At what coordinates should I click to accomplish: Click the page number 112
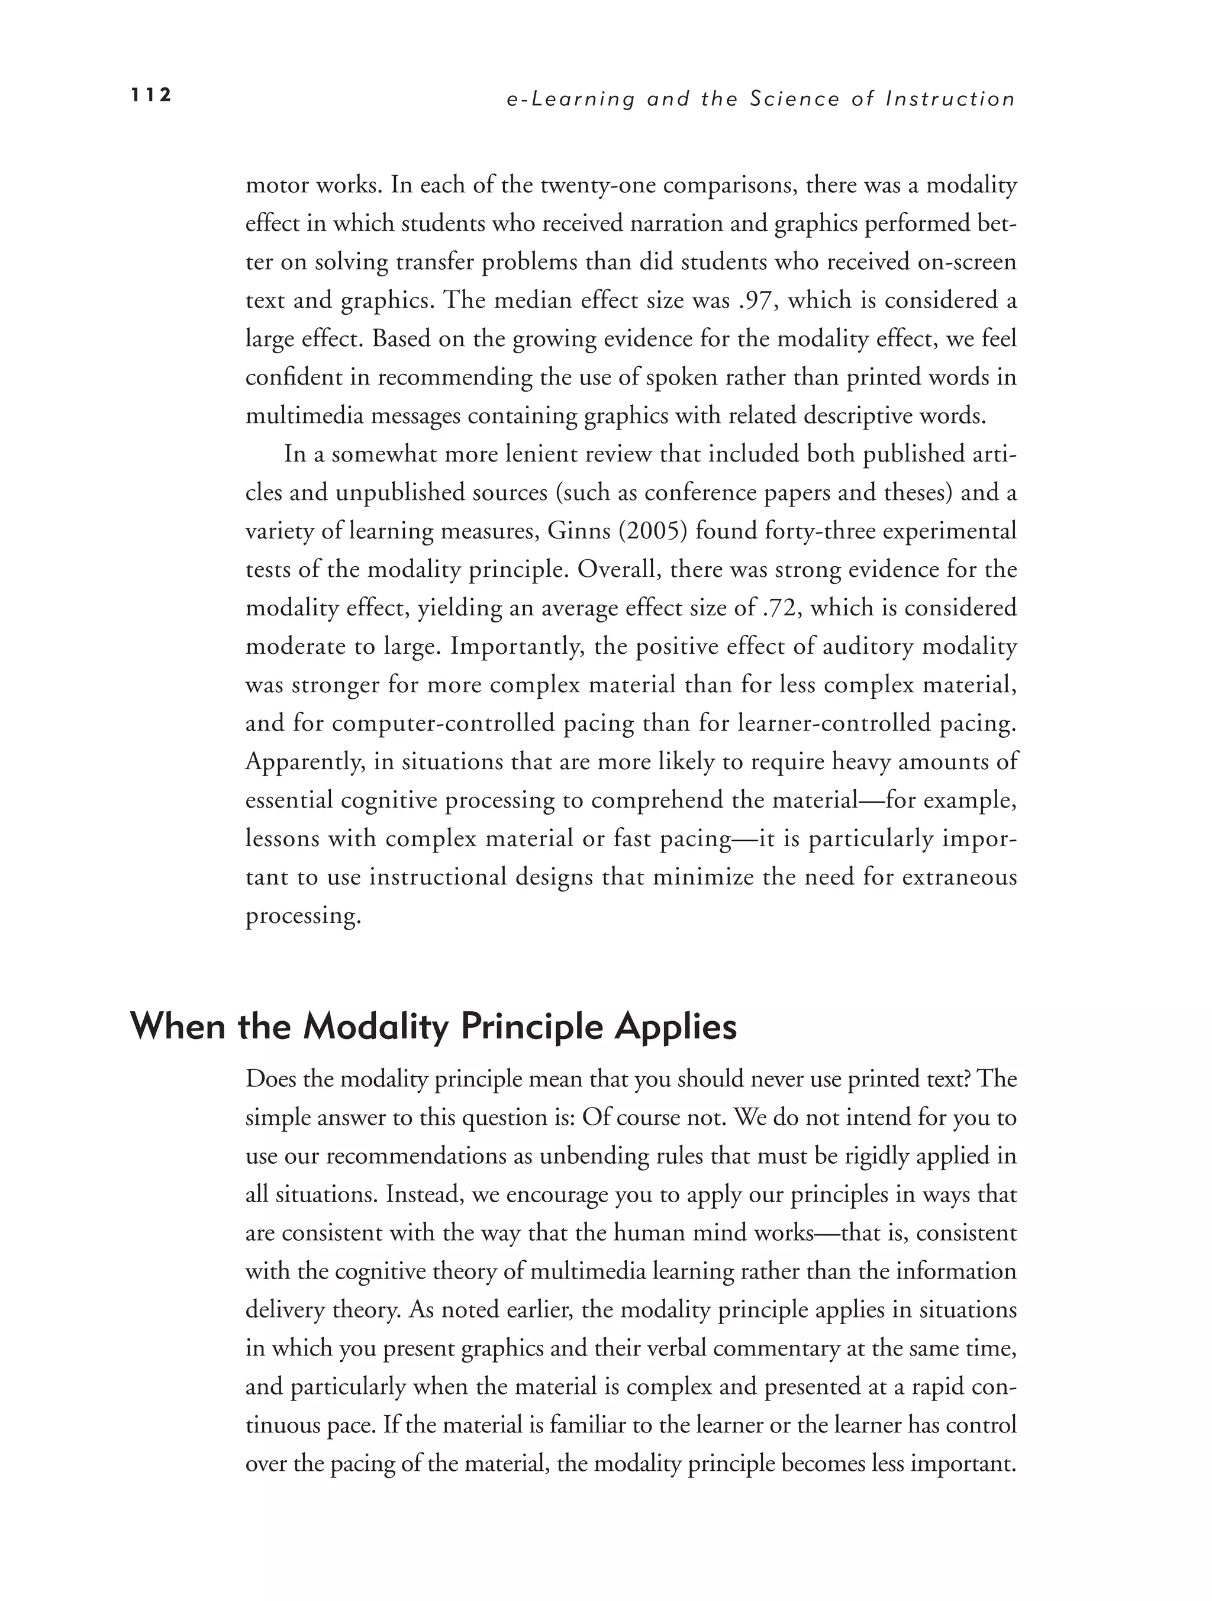[x=150, y=95]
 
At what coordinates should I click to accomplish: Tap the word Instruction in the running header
[x=950, y=99]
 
